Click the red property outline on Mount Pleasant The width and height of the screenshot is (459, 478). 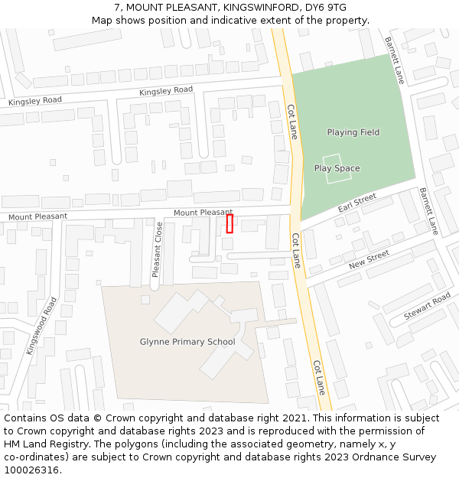pos(229,223)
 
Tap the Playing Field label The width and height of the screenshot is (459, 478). pos(353,132)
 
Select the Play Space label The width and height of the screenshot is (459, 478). pos(337,168)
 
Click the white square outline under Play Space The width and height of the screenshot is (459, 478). pos(337,172)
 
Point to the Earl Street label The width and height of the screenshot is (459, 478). pos(357,203)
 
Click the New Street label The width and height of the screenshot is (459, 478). pos(369,260)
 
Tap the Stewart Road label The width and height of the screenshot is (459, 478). pos(427,307)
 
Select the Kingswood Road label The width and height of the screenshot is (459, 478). pos(41,326)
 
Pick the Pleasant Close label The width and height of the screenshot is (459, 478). pos(157,249)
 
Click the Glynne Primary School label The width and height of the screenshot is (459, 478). pos(187,342)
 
